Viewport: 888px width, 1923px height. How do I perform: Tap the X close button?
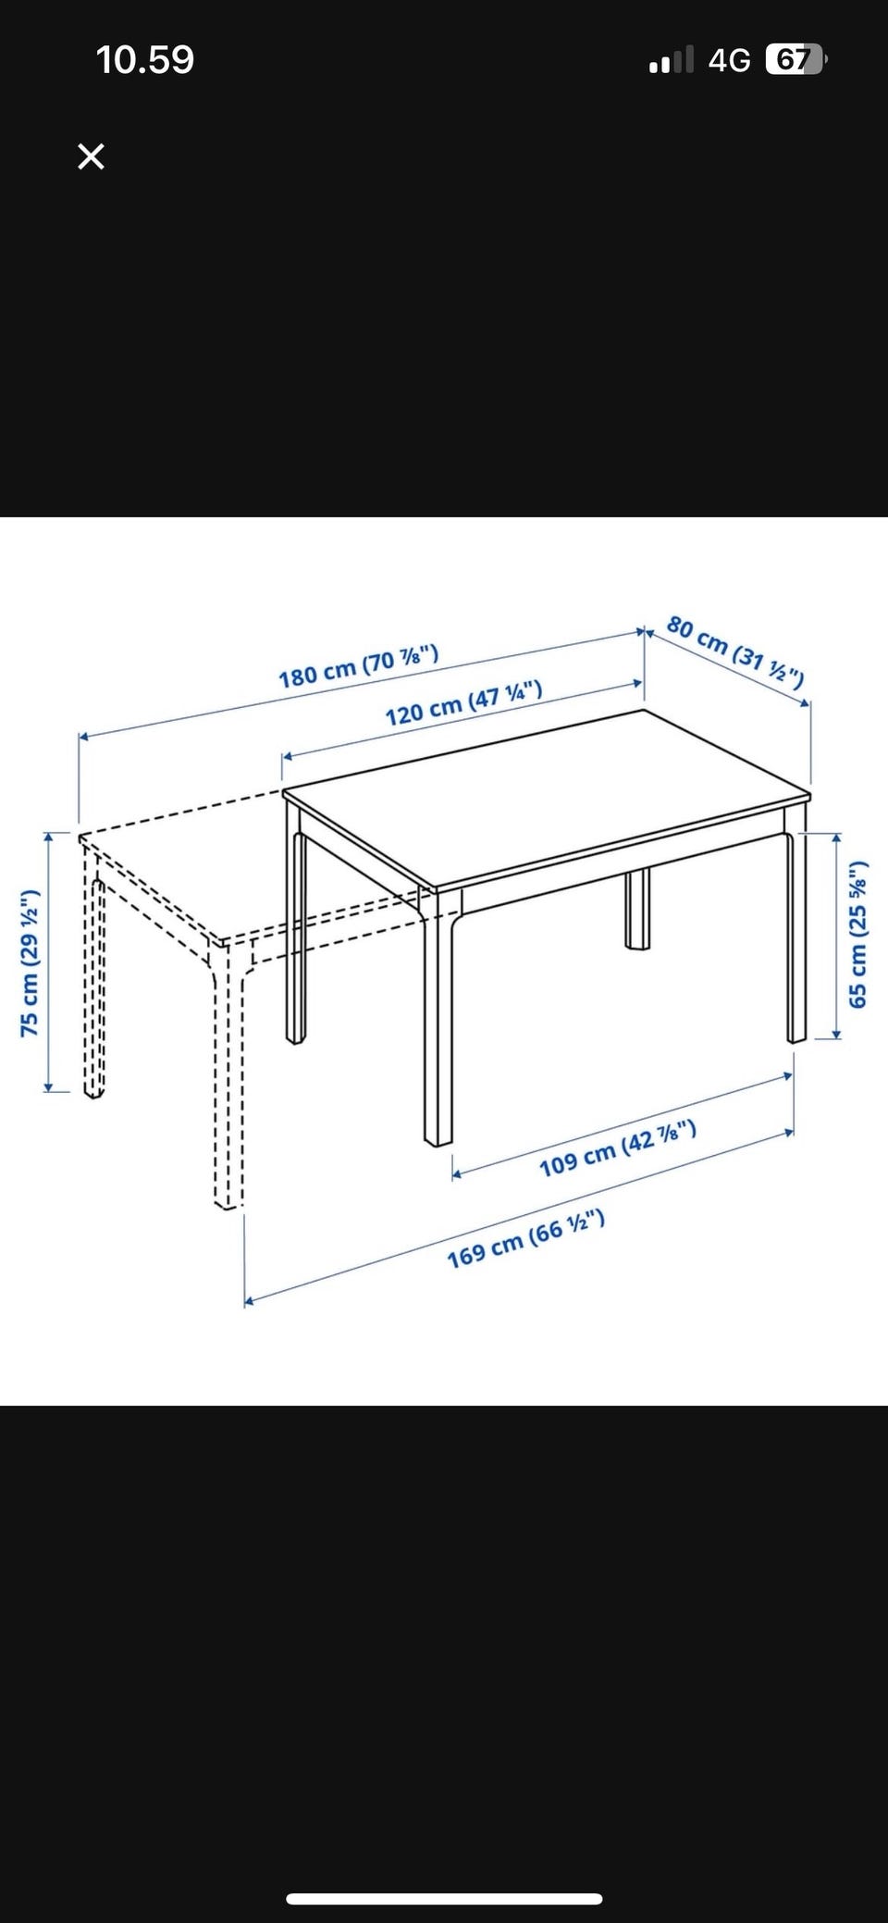click(x=91, y=156)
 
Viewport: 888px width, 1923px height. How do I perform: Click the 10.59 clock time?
click(x=145, y=60)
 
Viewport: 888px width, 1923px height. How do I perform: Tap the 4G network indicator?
click(x=730, y=61)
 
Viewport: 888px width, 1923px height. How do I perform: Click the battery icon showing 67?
click(x=796, y=60)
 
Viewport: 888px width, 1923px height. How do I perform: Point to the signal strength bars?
click(x=672, y=61)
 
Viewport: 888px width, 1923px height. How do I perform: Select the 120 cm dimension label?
click(x=463, y=702)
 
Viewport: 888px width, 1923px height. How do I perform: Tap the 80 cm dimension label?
click(x=735, y=651)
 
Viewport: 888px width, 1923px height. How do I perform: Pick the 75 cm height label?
click(x=30, y=962)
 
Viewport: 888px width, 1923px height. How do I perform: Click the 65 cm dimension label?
click(x=857, y=935)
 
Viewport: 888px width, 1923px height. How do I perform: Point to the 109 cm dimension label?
click(x=617, y=1148)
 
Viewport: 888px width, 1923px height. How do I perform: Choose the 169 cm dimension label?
click(x=526, y=1239)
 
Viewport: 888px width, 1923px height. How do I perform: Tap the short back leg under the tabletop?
click(x=637, y=910)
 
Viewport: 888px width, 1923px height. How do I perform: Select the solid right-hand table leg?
click(x=797, y=935)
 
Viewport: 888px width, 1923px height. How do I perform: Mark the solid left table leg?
click(x=296, y=935)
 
